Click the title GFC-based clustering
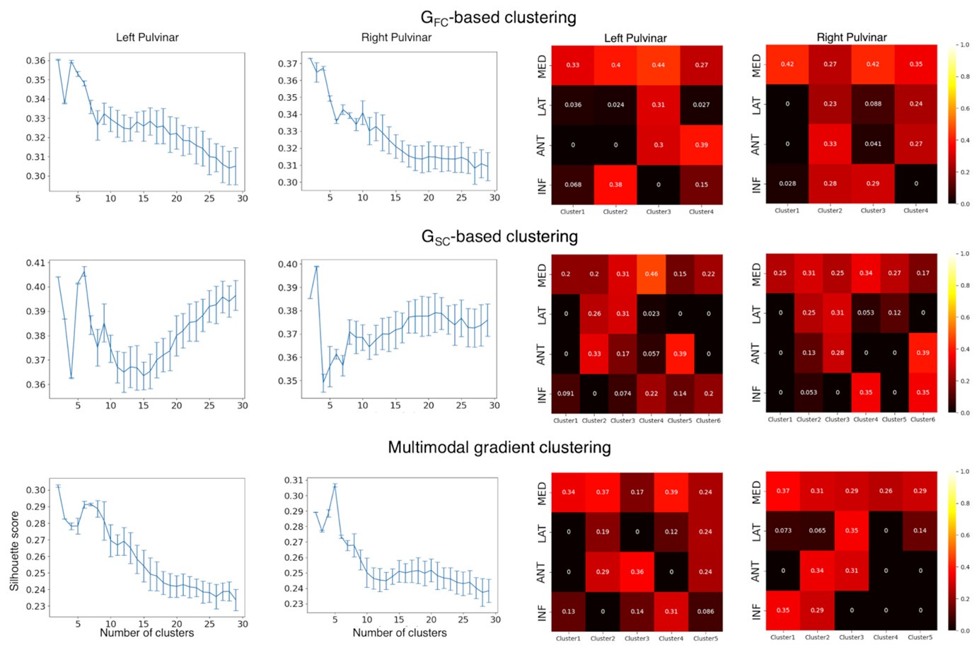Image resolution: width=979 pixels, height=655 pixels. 498,18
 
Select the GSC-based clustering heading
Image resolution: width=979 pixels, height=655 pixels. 499,237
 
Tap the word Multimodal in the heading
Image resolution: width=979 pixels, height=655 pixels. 425,447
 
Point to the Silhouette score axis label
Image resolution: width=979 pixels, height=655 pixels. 14,551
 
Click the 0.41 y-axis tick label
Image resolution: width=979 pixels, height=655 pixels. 35,262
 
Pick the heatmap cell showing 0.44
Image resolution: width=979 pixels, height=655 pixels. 658,65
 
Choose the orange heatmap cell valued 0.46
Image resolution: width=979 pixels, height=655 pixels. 651,274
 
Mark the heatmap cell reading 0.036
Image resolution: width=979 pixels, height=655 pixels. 573,105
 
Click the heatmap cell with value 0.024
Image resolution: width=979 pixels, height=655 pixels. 615,105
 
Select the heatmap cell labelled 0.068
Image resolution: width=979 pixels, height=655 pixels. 573,185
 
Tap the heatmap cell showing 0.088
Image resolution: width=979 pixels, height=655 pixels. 873,103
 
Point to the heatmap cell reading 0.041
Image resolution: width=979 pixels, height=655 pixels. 873,144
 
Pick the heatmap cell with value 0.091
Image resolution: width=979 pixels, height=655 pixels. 566,393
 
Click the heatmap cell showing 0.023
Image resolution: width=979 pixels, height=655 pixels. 651,313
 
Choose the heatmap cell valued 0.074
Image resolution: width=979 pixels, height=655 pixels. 622,393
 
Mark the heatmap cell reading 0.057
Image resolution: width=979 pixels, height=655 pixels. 651,354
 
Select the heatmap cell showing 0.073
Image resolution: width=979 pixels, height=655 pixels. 783,531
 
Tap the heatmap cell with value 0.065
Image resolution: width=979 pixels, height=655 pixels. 817,531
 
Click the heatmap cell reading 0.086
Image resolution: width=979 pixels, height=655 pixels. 705,611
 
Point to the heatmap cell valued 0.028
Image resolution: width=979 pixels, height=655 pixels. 787,183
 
